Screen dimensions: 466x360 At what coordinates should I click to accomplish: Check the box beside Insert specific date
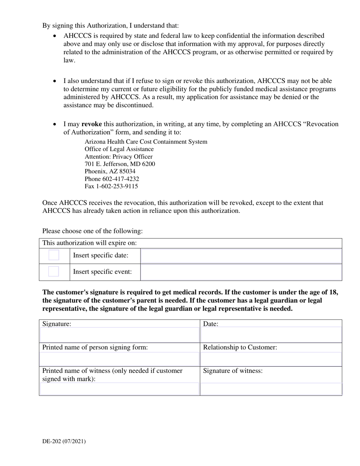click(54, 255)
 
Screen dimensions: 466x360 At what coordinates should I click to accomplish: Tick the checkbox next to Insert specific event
click(54, 272)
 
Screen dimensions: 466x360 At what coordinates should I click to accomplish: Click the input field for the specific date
click(241, 256)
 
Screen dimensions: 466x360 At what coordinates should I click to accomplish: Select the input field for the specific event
click(241, 272)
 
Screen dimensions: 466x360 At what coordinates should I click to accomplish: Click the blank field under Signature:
click(119, 335)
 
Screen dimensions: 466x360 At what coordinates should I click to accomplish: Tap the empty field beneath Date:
click(271, 335)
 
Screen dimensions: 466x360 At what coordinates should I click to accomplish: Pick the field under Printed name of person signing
click(119, 359)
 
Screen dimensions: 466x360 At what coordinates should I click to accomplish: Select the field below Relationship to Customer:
click(271, 359)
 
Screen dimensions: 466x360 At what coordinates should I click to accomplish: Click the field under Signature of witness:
click(271, 389)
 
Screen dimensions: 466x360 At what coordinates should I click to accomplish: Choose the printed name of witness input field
click(119, 389)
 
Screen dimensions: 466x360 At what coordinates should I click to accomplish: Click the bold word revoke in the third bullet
click(92, 124)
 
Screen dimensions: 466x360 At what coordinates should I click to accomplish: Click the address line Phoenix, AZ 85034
click(110, 171)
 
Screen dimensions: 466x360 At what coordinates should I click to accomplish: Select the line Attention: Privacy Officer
click(119, 156)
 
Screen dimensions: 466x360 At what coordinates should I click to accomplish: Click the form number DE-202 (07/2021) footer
click(64, 441)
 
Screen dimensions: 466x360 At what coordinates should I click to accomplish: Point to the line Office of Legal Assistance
click(119, 149)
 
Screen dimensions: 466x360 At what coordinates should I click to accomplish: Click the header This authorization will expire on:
click(89, 243)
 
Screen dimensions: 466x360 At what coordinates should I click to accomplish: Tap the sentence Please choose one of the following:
click(92, 231)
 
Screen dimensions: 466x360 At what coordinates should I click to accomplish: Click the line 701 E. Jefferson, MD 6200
click(120, 164)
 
